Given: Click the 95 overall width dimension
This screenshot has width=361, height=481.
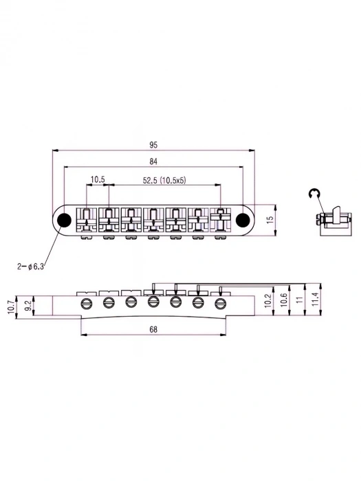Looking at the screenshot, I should tap(153, 145).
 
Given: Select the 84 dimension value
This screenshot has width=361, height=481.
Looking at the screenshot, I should tap(153, 161).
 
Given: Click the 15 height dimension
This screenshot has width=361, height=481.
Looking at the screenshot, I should tap(270, 219).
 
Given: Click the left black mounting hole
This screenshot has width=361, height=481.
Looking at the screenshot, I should tap(64, 219).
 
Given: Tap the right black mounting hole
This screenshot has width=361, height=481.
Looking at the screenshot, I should tap(242, 219).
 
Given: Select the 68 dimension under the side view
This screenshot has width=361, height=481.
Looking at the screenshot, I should tap(153, 331).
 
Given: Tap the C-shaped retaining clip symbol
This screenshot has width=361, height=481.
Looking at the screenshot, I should tap(314, 194).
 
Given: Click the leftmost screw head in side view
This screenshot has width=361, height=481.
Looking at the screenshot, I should tap(86, 303).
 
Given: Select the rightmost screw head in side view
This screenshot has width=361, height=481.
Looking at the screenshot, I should tap(221, 303).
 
